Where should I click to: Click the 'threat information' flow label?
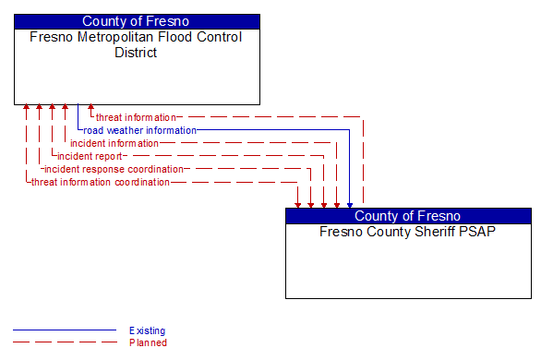tap(136, 117)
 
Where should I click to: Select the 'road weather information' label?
tap(139, 130)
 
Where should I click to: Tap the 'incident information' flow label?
tap(114, 143)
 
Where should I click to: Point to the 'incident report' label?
tap(90, 156)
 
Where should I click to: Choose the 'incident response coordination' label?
tap(114, 169)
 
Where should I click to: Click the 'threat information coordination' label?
tap(101, 182)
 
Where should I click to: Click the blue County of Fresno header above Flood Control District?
tap(137, 21)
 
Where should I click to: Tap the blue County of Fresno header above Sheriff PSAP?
tap(408, 216)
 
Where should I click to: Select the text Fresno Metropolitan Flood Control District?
tap(137, 44)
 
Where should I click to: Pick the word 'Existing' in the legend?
tap(148, 330)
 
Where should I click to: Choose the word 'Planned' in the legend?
tap(148, 342)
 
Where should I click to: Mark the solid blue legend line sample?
tap(65, 330)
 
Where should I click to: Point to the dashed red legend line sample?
tap(65, 342)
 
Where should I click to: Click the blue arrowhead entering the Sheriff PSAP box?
tap(350, 204)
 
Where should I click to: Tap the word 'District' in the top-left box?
tap(137, 53)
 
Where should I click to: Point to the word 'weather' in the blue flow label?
tap(125, 130)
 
